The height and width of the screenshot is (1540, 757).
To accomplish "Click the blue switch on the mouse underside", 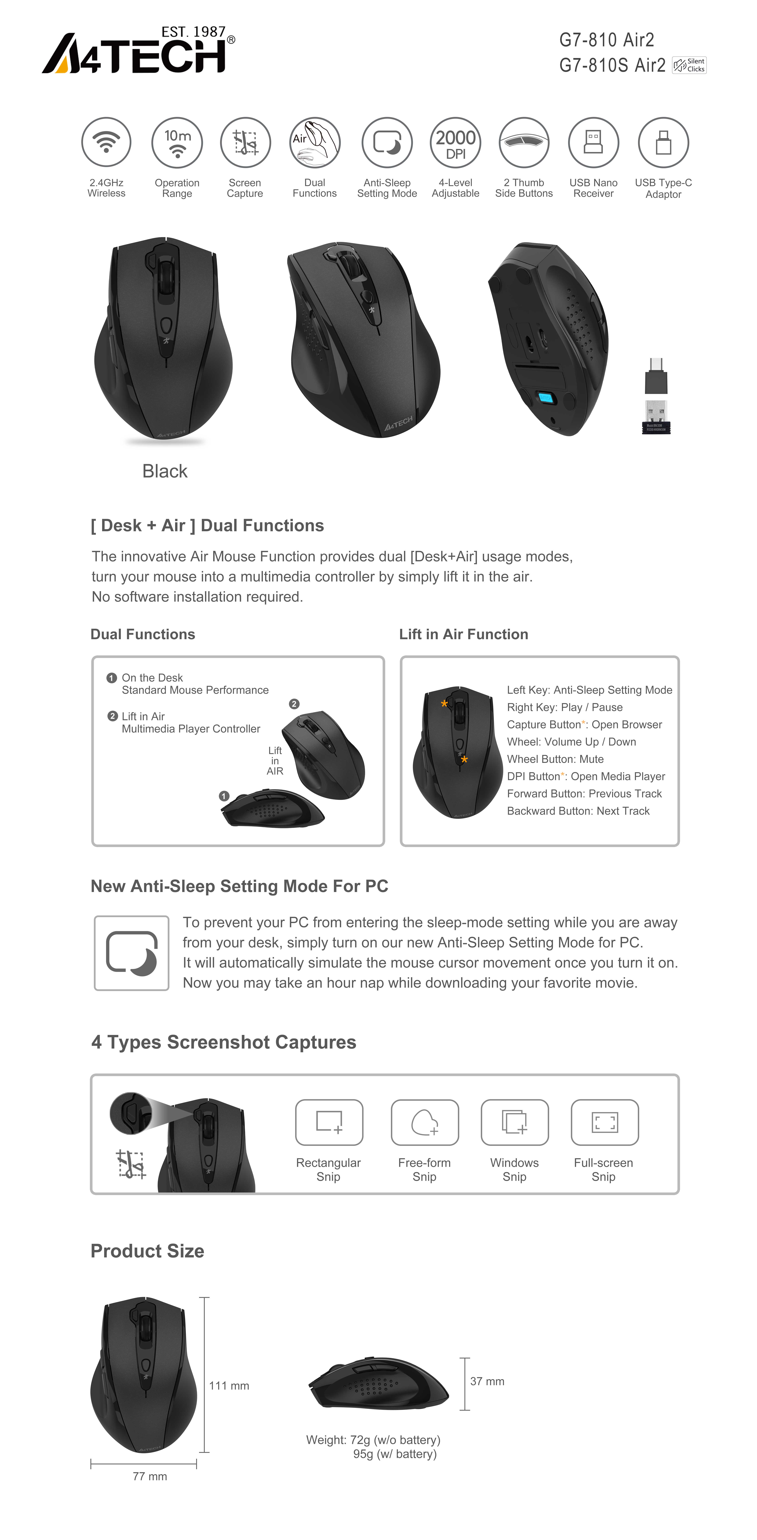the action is [x=545, y=399].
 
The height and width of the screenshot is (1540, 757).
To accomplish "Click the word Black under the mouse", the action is [x=165, y=471].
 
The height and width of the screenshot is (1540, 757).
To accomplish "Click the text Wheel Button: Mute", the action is [x=556, y=759].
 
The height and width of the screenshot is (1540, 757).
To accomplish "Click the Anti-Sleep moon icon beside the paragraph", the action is [x=132, y=953].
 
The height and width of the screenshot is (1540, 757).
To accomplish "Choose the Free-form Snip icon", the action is [x=424, y=1122].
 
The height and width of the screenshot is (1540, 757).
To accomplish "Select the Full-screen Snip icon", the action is [x=605, y=1122].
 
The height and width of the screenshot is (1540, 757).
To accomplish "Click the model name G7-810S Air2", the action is [x=612, y=65].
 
